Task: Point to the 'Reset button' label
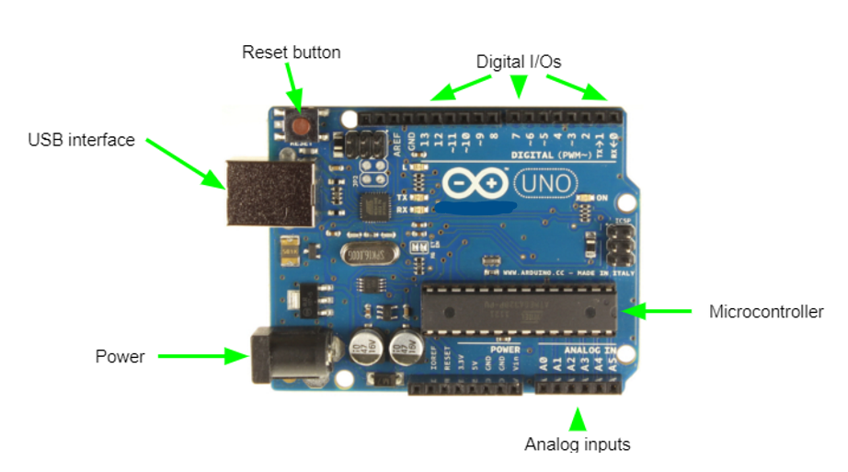click(291, 52)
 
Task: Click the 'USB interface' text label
click(81, 140)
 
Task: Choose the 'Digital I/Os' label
click(519, 62)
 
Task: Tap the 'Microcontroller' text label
click(766, 312)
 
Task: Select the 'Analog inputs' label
click(578, 444)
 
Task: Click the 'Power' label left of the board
click(120, 356)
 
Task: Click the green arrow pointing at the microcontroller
click(661, 312)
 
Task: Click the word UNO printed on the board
click(546, 185)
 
